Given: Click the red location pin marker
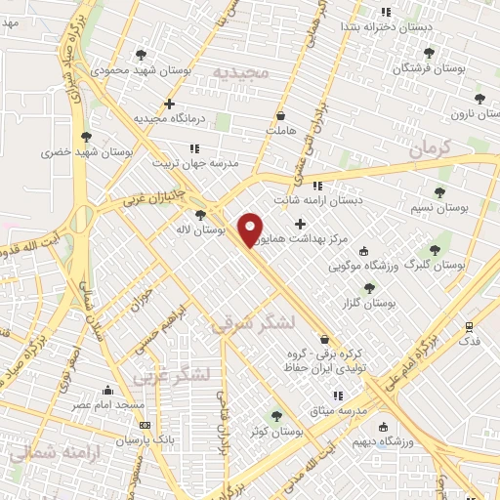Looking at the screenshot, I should (x=251, y=229).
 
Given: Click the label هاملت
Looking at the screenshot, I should (x=279, y=128).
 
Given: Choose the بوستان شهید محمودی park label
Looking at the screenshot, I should (x=130, y=70).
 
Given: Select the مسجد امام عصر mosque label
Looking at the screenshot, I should (x=105, y=403).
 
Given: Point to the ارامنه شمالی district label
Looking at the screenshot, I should (x=44, y=454).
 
